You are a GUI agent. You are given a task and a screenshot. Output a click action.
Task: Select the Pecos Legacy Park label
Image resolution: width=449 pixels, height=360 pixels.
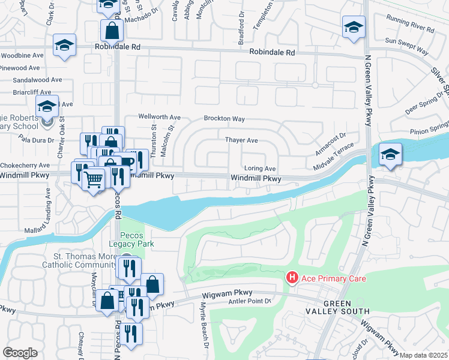coord(137,239)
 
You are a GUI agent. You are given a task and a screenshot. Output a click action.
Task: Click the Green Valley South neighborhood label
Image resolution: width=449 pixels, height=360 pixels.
coord(346,307)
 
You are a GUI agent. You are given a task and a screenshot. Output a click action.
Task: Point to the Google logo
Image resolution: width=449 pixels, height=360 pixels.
coord(20,353)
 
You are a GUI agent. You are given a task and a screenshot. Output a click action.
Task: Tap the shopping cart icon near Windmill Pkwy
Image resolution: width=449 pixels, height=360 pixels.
coord(92,179)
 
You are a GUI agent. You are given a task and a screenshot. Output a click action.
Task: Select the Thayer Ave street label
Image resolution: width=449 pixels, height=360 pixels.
coord(241,140)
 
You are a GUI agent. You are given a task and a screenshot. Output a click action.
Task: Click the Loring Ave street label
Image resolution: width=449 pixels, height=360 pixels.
coord(259,169)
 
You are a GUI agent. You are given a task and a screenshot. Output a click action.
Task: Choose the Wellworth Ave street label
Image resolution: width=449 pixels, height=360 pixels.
coord(159,117)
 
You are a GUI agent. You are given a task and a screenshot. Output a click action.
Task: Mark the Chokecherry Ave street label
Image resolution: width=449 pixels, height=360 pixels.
coord(25,165)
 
